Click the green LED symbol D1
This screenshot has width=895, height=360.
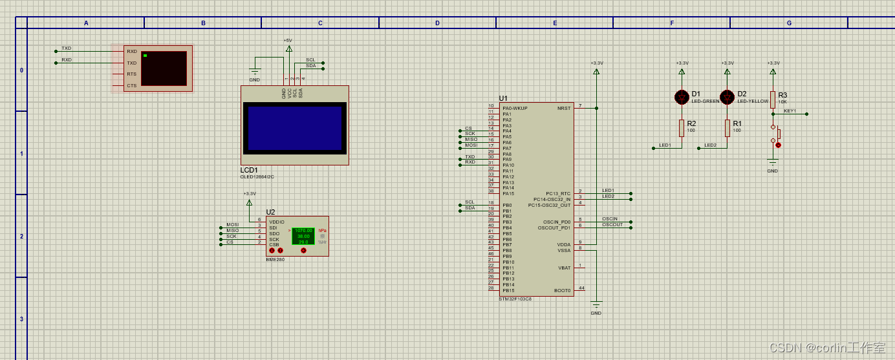click(x=681, y=97)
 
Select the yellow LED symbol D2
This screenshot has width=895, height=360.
click(x=727, y=97)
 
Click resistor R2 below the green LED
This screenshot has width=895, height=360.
click(x=682, y=128)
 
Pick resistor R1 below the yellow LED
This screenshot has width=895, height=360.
click(x=728, y=128)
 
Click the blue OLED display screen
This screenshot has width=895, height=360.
click(x=295, y=128)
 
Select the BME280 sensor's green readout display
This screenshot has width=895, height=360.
click(x=303, y=236)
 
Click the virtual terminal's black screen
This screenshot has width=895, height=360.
click(x=164, y=68)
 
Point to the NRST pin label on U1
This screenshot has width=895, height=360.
click(x=564, y=108)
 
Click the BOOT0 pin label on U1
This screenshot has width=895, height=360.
click(x=563, y=290)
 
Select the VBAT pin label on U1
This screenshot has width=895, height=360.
click(x=564, y=268)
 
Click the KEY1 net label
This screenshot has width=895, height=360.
click(x=790, y=111)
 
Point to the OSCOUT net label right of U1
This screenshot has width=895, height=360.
click(x=612, y=224)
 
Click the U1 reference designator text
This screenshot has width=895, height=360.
click(x=503, y=98)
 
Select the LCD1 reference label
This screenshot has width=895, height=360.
click(x=249, y=170)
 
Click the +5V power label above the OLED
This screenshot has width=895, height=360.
click(x=288, y=40)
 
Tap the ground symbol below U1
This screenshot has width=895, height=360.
click(x=596, y=304)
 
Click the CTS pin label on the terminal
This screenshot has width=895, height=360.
click(x=131, y=85)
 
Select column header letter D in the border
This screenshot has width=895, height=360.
click(x=437, y=23)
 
